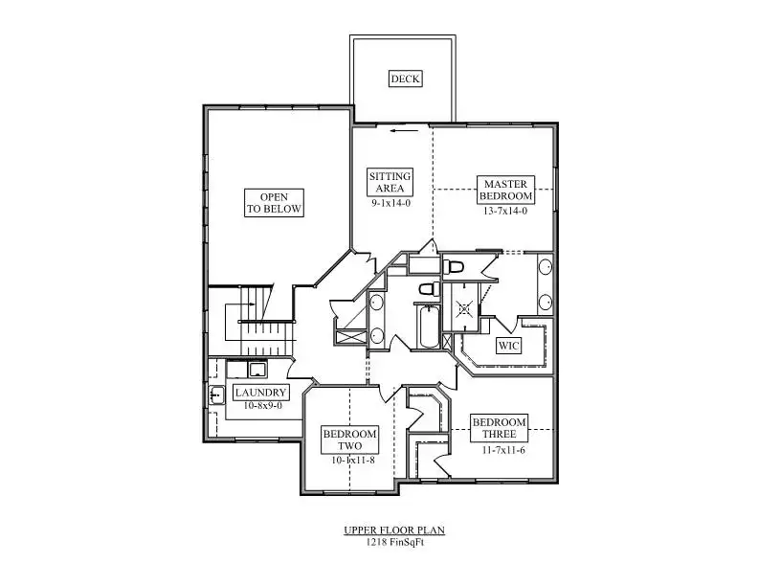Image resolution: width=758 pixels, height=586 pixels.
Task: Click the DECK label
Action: point(405,79)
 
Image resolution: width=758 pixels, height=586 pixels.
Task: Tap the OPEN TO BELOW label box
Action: point(274,203)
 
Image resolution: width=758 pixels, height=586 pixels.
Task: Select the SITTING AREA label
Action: point(390,182)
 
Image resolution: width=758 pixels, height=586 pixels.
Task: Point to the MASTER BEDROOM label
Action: point(505,190)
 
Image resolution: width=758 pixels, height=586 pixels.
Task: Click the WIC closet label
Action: point(508,346)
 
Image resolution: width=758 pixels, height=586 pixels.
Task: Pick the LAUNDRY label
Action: point(260,393)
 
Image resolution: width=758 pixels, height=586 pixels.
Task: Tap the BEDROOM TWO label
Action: point(349,440)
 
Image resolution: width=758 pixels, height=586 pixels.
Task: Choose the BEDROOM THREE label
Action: point(499,428)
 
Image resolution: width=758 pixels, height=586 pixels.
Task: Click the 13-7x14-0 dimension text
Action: point(505,211)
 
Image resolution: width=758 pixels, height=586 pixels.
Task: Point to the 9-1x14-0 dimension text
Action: point(390,203)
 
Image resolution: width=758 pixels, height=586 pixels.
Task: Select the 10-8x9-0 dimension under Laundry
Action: point(262,406)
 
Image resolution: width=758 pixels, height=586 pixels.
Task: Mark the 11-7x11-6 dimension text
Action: point(503,450)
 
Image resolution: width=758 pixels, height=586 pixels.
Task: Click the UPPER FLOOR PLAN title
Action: point(394,530)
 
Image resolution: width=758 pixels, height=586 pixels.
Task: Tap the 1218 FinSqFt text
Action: point(394,542)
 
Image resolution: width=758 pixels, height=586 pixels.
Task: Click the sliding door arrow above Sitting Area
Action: point(404,130)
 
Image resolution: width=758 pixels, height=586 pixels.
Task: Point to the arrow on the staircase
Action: point(250,304)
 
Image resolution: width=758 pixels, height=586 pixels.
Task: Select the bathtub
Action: point(429,327)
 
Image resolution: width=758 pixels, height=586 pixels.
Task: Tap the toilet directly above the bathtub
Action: point(430,289)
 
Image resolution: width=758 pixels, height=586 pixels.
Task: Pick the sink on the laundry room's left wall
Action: point(216,395)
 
